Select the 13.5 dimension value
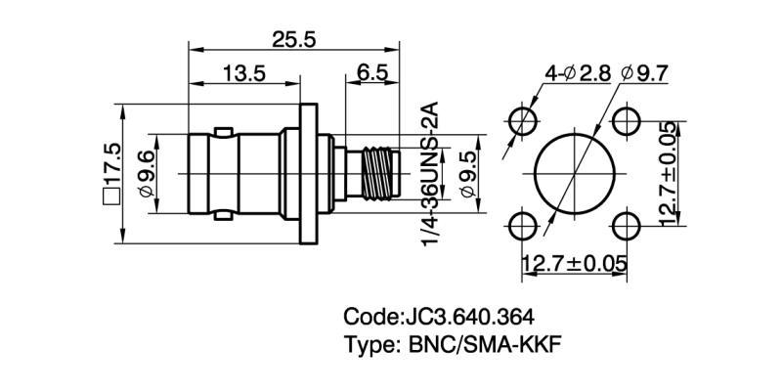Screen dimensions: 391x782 243,74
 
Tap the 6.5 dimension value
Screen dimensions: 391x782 371,74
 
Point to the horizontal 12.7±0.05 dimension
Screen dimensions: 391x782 575,263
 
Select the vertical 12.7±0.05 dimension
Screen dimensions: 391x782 669,174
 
